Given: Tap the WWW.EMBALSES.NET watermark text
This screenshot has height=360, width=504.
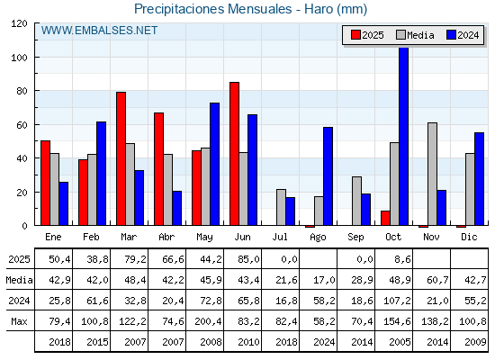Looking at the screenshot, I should click(x=99, y=31).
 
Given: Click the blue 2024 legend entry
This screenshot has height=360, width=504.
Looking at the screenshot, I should click(x=463, y=35).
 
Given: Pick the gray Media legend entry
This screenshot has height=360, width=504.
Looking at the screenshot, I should click(x=415, y=35).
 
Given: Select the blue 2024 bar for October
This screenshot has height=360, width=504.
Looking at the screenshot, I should click(x=403, y=136).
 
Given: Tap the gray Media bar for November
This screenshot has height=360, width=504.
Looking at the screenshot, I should click(x=432, y=174).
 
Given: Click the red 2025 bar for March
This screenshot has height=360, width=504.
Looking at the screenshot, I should click(x=121, y=158).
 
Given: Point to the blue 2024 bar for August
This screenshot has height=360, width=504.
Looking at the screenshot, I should click(x=328, y=176).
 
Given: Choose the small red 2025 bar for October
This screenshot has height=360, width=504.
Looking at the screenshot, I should click(x=385, y=218).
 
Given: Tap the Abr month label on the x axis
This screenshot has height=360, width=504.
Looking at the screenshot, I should click(x=166, y=237).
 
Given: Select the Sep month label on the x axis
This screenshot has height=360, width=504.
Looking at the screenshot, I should click(x=355, y=237).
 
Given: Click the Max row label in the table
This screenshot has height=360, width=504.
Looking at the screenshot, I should click(x=18, y=321).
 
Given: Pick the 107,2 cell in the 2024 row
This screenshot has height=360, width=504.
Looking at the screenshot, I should click(x=393, y=301).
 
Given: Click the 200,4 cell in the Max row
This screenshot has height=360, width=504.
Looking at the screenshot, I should click(x=204, y=321).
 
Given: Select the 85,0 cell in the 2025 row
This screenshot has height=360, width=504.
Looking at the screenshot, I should click(x=242, y=259).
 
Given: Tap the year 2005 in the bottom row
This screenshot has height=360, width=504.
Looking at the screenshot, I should click(x=393, y=342).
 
